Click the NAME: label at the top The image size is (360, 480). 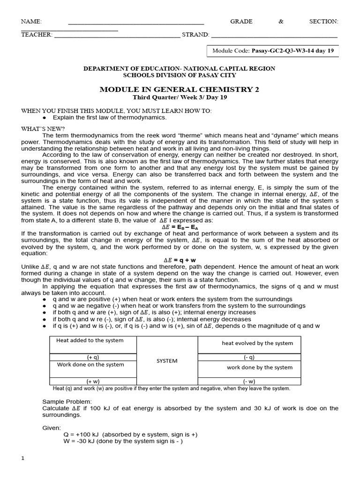[31, 22]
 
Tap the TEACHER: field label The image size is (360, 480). [37, 35]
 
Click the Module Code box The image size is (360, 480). [272, 51]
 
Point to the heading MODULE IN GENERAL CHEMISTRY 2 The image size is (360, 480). [180, 90]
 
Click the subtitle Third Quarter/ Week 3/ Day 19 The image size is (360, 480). [180, 97]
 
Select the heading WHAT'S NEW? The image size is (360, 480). [43, 128]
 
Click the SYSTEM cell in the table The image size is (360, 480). [167, 361]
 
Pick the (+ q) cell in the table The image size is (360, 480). [93, 357]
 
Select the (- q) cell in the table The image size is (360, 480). [249, 357]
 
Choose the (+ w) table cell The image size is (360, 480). [93, 381]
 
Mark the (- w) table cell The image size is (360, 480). [249, 381]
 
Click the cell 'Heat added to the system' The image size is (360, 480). [90, 341]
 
